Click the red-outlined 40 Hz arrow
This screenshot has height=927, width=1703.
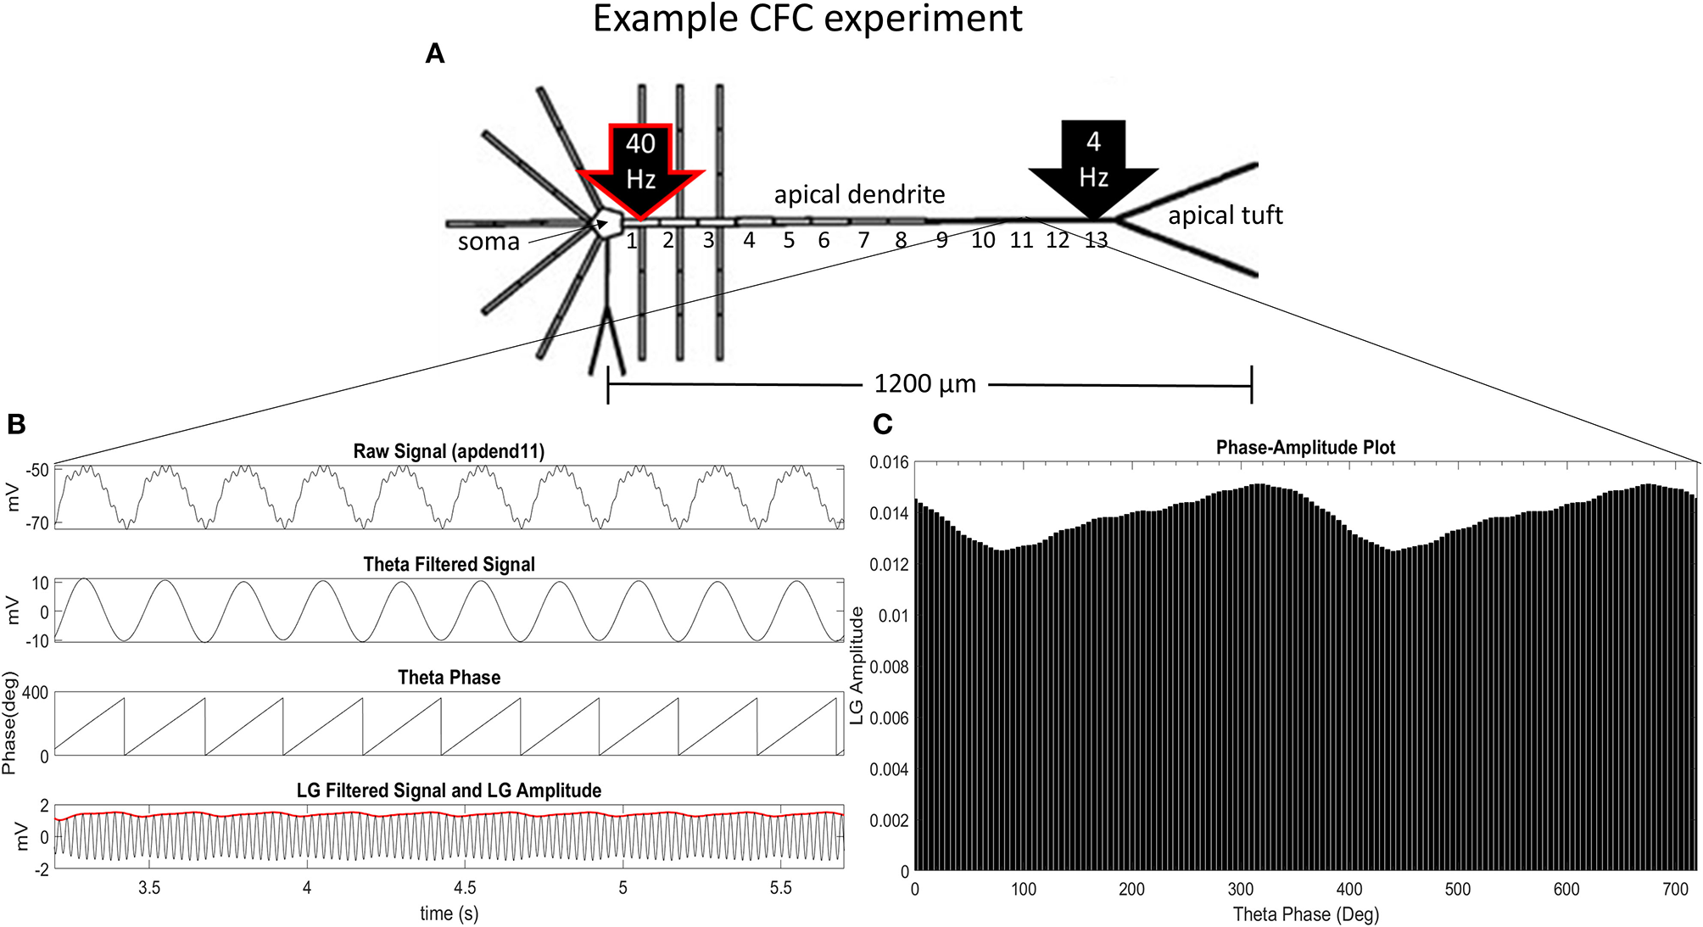tap(640, 165)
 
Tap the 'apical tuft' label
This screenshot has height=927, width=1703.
tap(1225, 215)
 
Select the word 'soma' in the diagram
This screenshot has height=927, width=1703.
tap(489, 243)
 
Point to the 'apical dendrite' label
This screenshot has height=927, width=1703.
tap(859, 194)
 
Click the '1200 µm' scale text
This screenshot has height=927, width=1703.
tap(924, 384)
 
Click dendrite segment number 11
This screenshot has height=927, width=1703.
tap(1021, 241)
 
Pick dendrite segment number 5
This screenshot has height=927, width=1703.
tap(789, 241)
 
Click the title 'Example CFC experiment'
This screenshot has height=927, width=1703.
tap(807, 19)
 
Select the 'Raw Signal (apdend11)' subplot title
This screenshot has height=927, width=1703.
tap(449, 451)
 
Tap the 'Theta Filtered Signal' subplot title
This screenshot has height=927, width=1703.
tap(449, 564)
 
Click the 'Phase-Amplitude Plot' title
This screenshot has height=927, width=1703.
tap(1305, 447)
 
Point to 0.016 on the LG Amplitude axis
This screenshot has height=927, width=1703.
tap(889, 462)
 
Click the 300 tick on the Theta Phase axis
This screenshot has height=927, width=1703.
tap(1241, 889)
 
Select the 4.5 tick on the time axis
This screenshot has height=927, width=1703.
tap(465, 888)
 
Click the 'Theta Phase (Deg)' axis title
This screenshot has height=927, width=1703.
tap(1305, 914)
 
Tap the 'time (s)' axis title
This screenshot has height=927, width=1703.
tap(449, 913)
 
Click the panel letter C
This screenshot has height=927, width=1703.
tap(883, 424)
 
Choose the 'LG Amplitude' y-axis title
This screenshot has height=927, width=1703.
tap(857, 666)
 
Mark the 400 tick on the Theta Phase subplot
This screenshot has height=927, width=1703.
tap(36, 693)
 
